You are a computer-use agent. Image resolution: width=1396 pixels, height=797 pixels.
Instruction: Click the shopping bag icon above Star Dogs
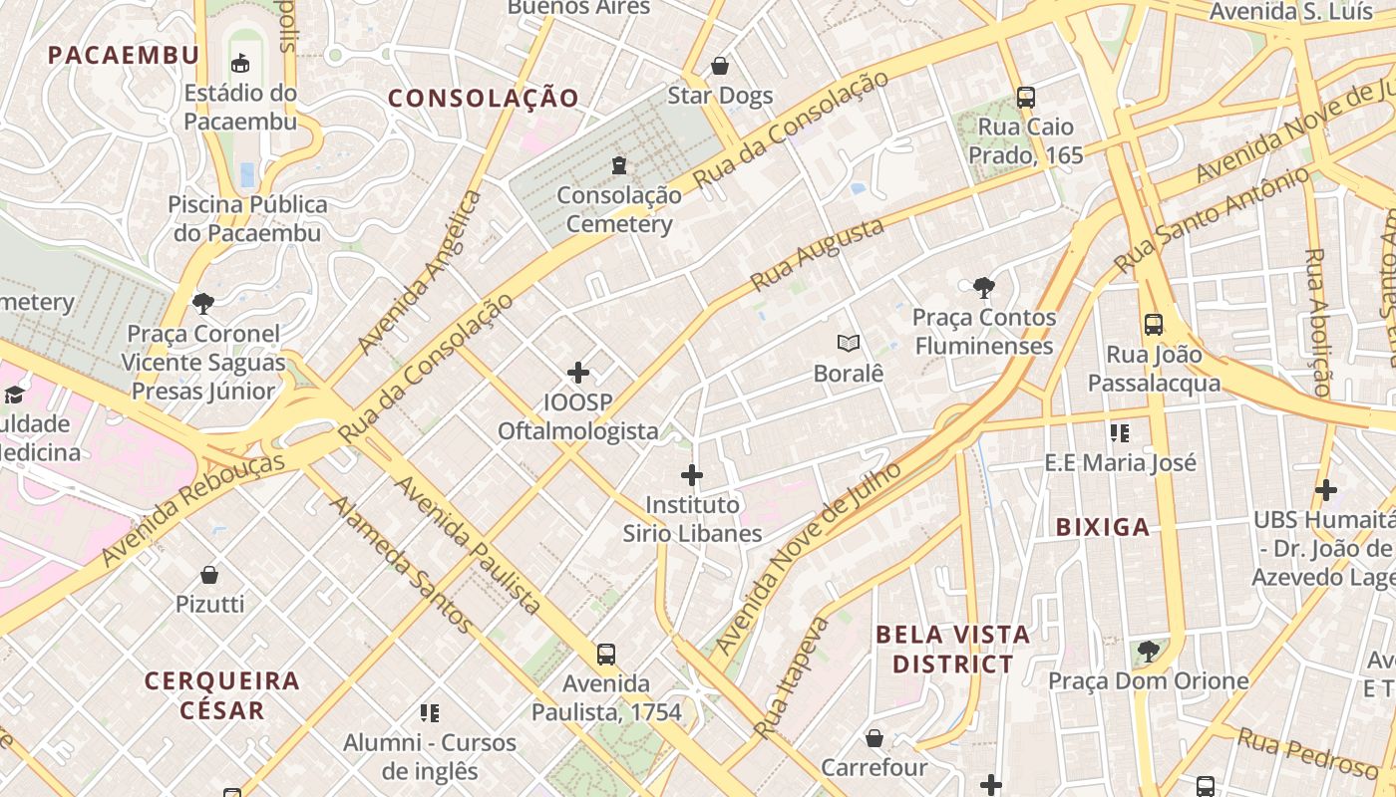coord(720,67)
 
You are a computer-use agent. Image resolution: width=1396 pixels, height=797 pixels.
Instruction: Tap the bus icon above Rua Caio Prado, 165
coord(1025,98)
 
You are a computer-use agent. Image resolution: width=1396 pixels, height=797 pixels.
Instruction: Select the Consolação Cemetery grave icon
coord(619,164)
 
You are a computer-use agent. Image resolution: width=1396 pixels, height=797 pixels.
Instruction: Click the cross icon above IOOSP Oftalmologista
coord(578,374)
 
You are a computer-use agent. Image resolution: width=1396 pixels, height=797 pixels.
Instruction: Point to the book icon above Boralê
coord(849,344)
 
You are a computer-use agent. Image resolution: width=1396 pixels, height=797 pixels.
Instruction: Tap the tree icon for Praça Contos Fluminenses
coord(984,288)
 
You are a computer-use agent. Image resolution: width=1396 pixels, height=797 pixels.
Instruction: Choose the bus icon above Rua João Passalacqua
coord(1154,325)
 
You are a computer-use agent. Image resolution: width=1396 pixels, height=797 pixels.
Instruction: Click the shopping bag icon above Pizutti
coord(209,575)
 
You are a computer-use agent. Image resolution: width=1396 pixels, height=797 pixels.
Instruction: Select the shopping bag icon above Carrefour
coord(874,738)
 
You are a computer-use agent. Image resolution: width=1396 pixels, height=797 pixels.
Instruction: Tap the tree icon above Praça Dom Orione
coord(1148,652)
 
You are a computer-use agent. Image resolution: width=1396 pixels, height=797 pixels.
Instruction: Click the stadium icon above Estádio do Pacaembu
coord(240,64)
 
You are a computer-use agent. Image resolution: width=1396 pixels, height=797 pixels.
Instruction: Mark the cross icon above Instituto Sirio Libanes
coord(692,475)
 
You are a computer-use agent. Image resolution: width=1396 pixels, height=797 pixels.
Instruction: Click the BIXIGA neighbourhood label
coord(1103,528)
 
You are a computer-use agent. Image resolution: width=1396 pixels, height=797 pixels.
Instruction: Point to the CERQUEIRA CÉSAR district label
coord(222,695)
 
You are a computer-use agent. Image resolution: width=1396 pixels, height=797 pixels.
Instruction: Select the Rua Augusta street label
coord(817,255)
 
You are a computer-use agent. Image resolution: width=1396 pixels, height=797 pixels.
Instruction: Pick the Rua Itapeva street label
coord(792,677)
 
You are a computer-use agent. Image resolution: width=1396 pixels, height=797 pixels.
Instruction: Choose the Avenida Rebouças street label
coord(191,509)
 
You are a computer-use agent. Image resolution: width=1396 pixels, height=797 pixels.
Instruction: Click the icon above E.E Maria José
coord(1120,433)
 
